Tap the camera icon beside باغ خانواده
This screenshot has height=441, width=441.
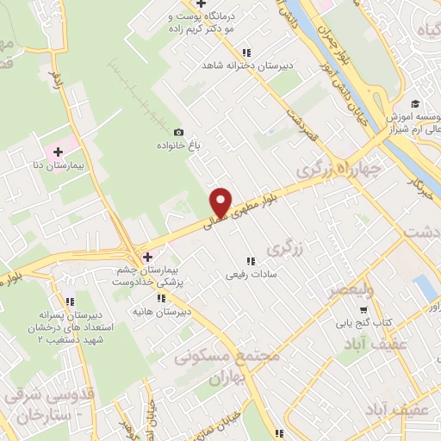178,132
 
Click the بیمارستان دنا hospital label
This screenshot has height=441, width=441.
68,163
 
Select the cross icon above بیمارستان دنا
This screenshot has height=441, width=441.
57,152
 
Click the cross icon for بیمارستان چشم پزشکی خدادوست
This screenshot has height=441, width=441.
147,257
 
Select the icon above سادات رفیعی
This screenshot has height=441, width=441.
251,260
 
